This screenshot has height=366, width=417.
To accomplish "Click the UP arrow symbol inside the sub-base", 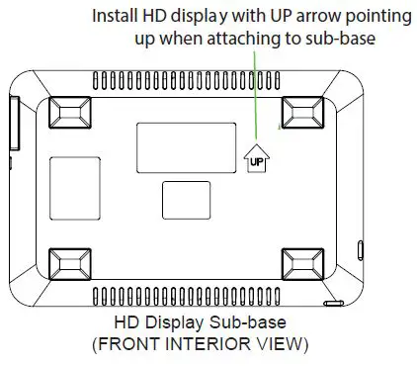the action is tap(255, 157).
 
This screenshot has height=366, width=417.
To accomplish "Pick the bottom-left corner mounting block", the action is tap(72, 264).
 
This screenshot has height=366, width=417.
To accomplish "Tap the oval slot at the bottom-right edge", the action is tap(334, 301).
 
